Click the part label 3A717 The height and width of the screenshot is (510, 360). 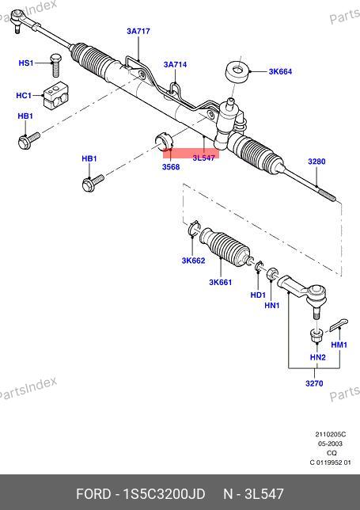coord(138,31)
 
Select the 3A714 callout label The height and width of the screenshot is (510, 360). coord(175,64)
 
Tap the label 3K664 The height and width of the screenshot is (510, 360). coord(280,71)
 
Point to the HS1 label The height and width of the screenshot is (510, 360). coord(26,63)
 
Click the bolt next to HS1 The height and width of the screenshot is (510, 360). coord(56,66)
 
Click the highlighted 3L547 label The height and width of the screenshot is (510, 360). coord(203,158)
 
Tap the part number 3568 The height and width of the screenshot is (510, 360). coord(171,167)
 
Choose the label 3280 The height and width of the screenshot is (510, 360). coord(316,162)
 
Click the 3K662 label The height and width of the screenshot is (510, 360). coord(193,261)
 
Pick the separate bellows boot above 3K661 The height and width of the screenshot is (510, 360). coord(225,247)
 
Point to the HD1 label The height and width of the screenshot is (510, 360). coord(258,295)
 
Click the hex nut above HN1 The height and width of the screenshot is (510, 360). coord(272,274)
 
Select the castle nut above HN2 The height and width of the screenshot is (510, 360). coord(315,336)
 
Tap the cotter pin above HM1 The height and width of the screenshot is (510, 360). coord(339,325)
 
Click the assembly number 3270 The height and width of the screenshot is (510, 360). coord(314,383)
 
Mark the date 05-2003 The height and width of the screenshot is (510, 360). coord(330,443)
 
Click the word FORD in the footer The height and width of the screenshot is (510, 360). coord(93,493)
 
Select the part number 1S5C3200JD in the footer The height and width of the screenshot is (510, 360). coord(164,493)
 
